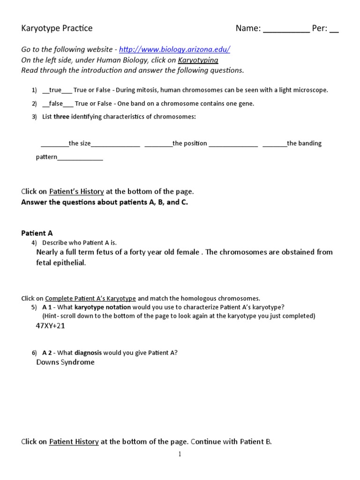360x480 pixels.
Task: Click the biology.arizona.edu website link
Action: (x=174, y=50)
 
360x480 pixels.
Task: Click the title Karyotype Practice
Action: (x=57, y=28)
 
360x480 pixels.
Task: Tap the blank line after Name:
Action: (x=286, y=29)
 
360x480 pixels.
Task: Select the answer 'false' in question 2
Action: (x=56, y=104)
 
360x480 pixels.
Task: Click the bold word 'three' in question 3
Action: (x=61, y=117)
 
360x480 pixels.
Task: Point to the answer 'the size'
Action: (x=80, y=143)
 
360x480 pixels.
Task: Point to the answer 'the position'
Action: (x=189, y=143)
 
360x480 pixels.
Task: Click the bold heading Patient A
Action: (x=37, y=233)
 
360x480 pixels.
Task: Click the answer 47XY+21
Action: (x=51, y=326)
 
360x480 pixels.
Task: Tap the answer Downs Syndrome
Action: (x=65, y=362)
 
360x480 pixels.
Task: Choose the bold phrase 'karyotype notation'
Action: (x=103, y=307)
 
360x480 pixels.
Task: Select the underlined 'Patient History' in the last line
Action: (x=74, y=442)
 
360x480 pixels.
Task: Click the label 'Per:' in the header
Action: (x=319, y=29)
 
